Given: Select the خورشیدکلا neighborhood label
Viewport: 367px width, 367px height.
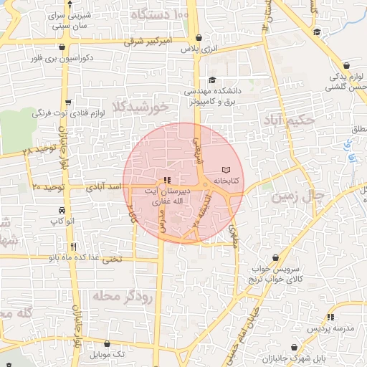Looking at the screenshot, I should click(x=140, y=108).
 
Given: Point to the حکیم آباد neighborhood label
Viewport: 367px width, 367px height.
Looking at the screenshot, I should click(x=289, y=120).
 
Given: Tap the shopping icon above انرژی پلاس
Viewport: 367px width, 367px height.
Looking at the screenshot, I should click(x=198, y=37).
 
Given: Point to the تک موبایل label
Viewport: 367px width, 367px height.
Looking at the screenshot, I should click(x=108, y=355).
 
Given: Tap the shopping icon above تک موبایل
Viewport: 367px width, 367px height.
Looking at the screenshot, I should click(x=108, y=343).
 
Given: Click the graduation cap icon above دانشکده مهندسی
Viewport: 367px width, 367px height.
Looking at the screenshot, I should click(x=211, y=80).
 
